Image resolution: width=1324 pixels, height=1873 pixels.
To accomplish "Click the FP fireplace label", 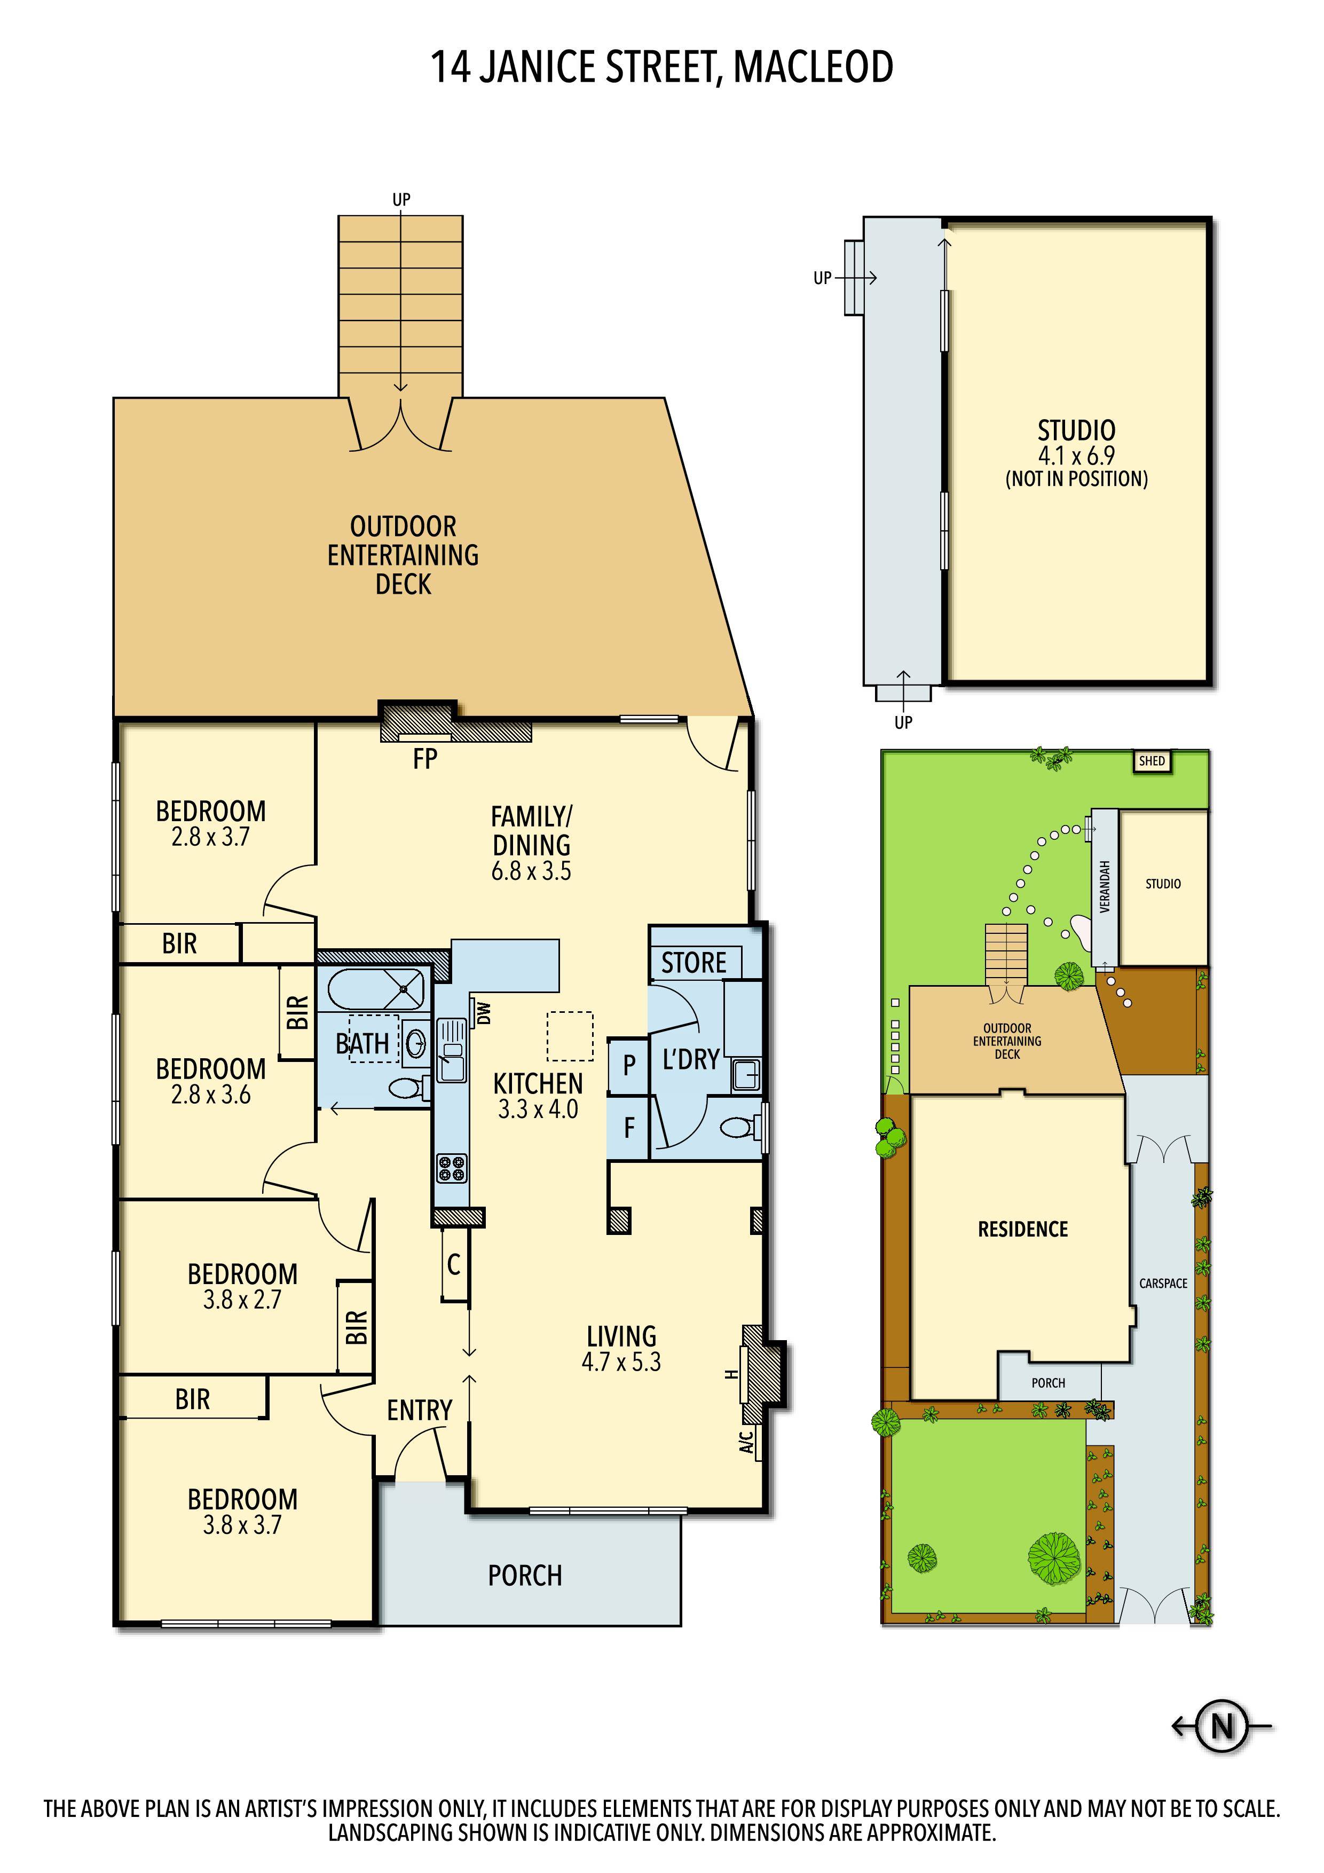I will click(x=424, y=759).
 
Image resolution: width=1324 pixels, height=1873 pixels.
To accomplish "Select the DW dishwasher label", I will click(x=485, y=1013).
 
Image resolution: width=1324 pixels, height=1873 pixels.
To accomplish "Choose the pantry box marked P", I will click(x=629, y=1065).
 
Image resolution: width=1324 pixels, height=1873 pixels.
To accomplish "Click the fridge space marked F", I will click(x=629, y=1128).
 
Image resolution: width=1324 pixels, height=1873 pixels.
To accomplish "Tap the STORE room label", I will click(x=693, y=963).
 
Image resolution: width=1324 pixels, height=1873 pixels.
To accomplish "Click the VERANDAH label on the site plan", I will click(x=1105, y=887).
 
